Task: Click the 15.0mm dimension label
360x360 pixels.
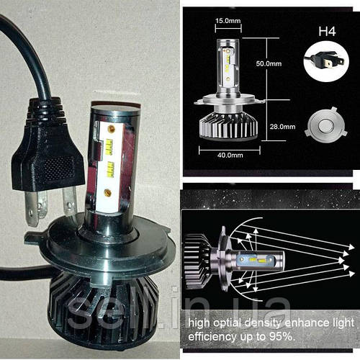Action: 228,21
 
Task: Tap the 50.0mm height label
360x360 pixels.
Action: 269,63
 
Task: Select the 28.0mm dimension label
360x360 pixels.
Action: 282,127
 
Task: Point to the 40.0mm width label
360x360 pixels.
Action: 230,155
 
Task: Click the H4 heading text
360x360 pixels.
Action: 327,32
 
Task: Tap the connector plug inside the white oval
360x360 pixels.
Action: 326,61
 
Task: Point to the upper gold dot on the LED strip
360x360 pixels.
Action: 112,129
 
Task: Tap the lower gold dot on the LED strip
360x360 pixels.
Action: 107,192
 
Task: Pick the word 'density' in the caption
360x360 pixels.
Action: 262,323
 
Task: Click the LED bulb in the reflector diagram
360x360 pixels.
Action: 251,261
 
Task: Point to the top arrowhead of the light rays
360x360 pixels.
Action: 351,247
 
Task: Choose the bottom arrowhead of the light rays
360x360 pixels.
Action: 351,274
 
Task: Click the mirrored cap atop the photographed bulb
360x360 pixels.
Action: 115,107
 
